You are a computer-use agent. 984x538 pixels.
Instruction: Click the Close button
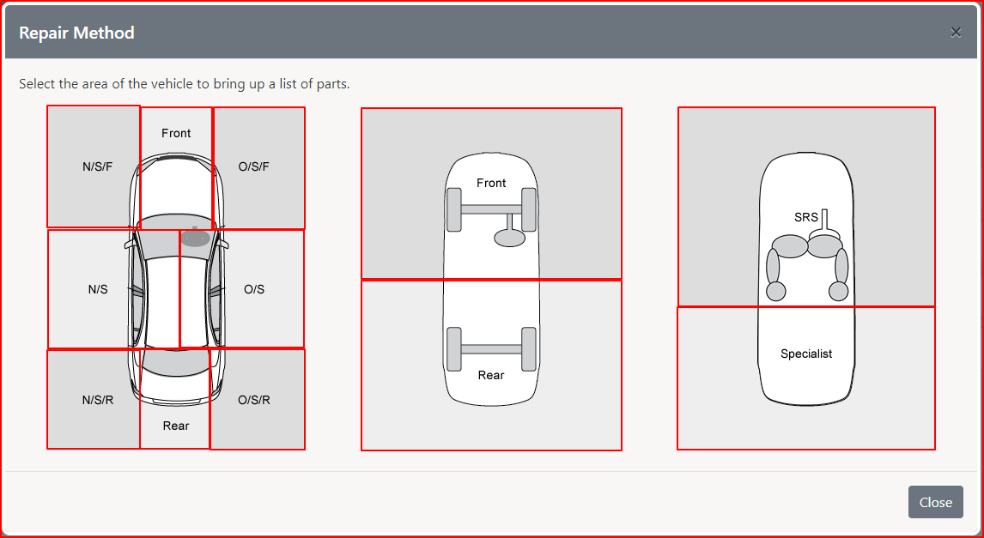click(x=936, y=502)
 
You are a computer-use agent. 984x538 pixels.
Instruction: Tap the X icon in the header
click(x=956, y=33)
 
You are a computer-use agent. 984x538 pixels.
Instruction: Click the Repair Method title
click(x=76, y=33)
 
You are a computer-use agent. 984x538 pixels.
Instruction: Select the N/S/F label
click(x=97, y=166)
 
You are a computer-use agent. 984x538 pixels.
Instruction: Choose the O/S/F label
click(x=254, y=166)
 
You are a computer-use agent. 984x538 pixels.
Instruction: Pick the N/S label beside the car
click(x=98, y=290)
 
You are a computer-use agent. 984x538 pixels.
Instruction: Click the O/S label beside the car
click(x=254, y=290)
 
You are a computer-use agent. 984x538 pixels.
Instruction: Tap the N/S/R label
click(x=98, y=400)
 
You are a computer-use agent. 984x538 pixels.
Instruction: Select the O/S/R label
click(x=254, y=400)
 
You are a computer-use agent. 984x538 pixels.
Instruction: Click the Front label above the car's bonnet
click(x=176, y=133)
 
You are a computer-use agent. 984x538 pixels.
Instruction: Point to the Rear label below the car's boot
click(x=176, y=426)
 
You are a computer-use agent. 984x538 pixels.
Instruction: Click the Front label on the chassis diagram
click(x=491, y=183)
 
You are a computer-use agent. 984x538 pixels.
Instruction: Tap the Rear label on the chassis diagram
click(x=491, y=375)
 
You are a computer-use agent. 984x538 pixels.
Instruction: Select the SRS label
click(x=806, y=218)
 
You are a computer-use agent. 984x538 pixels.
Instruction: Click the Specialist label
click(x=806, y=354)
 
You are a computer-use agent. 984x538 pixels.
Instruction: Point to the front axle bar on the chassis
click(x=491, y=209)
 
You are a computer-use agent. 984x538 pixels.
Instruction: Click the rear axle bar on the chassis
click(x=491, y=349)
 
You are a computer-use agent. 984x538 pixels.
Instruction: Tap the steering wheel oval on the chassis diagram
click(x=509, y=238)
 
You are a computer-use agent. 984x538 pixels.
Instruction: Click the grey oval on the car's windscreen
click(x=195, y=239)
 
